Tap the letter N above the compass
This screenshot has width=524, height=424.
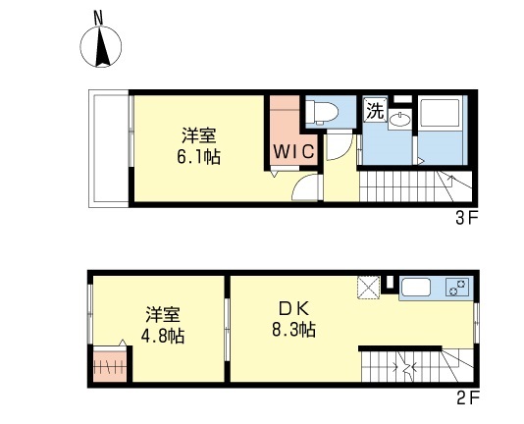pyautogui.click(x=97, y=17)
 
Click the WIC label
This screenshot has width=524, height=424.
pyautogui.click(x=292, y=151)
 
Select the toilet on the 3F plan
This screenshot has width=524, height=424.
pyautogui.click(x=323, y=111)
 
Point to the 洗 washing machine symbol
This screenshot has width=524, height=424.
pyautogui.click(x=374, y=111)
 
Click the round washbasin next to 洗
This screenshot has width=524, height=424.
pyautogui.click(x=398, y=120)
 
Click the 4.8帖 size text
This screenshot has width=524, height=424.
pyautogui.click(x=163, y=335)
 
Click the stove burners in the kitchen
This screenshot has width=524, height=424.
pyautogui.click(x=457, y=288)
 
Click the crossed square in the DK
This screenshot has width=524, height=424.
pyautogui.click(x=369, y=287)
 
